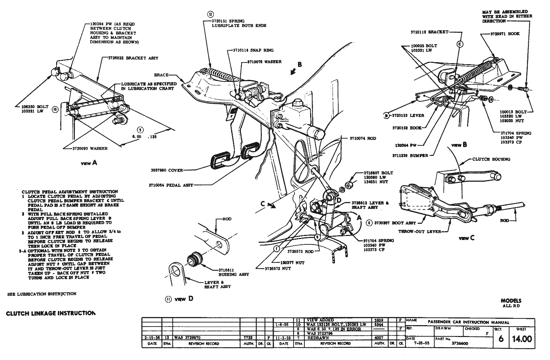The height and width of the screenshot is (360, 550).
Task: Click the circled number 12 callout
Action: (210, 15)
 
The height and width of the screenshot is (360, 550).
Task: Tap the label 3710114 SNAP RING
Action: (253, 50)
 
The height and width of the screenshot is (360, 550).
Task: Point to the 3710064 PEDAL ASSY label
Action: (170, 185)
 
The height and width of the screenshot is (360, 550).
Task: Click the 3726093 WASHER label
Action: (90, 148)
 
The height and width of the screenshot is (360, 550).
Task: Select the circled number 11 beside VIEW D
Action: (168, 299)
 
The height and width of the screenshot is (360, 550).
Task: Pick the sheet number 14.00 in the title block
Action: (522, 339)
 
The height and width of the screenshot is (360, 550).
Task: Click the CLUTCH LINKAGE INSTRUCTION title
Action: (51, 313)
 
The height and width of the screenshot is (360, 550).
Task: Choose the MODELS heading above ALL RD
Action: (511, 301)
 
